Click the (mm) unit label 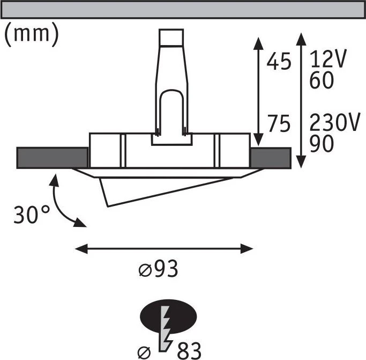pyautogui.click(x=32, y=34)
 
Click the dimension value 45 pyautogui.click(x=279, y=61)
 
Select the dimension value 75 pyautogui.click(x=279, y=123)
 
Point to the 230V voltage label pyautogui.click(x=334, y=122)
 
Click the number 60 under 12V pyautogui.click(x=322, y=80)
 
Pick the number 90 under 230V pyautogui.click(x=322, y=144)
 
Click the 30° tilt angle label pyautogui.click(x=32, y=215)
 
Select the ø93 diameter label pyautogui.click(x=158, y=269)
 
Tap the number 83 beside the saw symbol pyautogui.click(x=189, y=351)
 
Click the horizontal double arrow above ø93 pyautogui.click(x=164, y=248)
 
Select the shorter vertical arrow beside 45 pyautogui.click(x=258, y=91)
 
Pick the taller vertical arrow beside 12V pyautogui.click(x=301, y=100)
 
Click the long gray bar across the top pyautogui.click(x=183, y=10)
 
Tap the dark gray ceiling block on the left pyautogui.click(x=53, y=158)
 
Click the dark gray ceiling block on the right pyautogui.click(x=271, y=158)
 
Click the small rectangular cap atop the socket pyautogui.click(x=171, y=37)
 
